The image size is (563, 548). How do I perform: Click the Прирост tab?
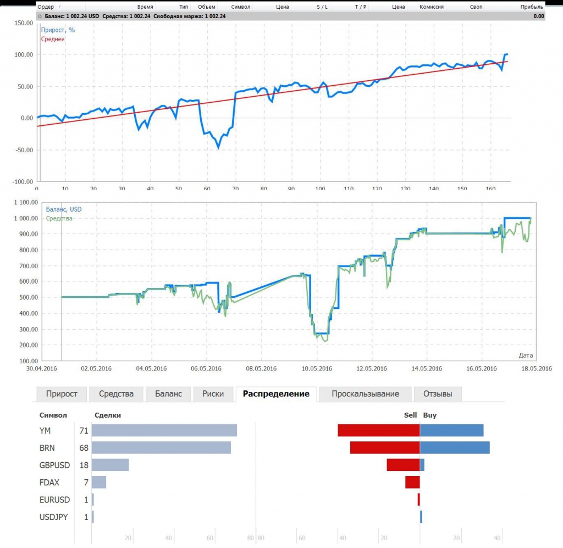click(x=62, y=394)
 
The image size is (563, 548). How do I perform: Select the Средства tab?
click(x=116, y=394)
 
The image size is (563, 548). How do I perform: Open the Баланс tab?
click(x=168, y=394)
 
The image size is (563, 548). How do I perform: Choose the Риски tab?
click(x=213, y=394)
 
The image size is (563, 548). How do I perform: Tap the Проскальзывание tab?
click(x=365, y=394)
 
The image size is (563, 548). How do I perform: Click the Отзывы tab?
click(x=438, y=394)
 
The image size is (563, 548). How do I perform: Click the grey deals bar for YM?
click(x=164, y=430)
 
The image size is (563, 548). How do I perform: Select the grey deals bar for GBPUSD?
click(x=110, y=465)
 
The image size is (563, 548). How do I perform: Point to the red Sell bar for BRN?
click(x=385, y=447)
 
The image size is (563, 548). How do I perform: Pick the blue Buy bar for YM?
click(x=451, y=430)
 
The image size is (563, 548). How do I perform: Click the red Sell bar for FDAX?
click(x=412, y=482)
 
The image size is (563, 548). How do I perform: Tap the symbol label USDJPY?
click(x=54, y=517)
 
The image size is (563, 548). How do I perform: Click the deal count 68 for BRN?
click(x=84, y=448)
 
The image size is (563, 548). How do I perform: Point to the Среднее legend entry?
click(x=53, y=39)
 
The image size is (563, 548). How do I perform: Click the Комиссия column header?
click(x=432, y=7)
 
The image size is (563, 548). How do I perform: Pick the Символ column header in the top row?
click(x=241, y=7)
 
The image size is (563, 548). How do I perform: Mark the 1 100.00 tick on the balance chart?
click(x=23, y=202)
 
